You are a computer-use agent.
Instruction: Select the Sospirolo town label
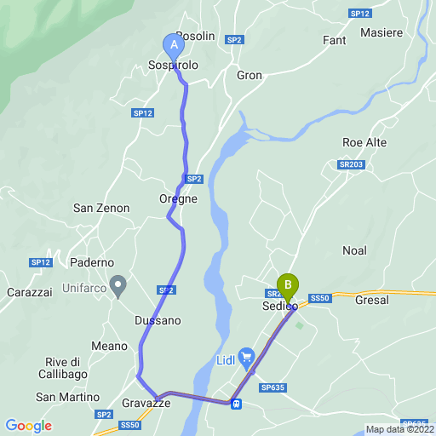pos(173,66)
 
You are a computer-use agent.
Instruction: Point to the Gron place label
pos(249,74)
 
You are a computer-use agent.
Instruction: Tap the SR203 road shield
pos(350,164)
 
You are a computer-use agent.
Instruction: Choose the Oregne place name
pos(178,198)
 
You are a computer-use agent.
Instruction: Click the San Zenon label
pos(101,208)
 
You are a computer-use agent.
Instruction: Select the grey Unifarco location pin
pos(118,283)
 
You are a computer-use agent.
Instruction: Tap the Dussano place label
pos(158,320)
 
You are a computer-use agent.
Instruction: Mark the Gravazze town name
pos(146,404)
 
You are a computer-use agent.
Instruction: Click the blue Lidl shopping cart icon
pos(246,355)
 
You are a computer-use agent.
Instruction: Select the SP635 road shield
pos(272,387)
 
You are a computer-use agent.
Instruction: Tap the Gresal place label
pos(371,300)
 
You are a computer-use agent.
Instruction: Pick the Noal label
pos(354,250)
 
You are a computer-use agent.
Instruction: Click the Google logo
pos(28,426)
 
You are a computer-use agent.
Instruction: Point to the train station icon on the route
pos(235,404)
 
